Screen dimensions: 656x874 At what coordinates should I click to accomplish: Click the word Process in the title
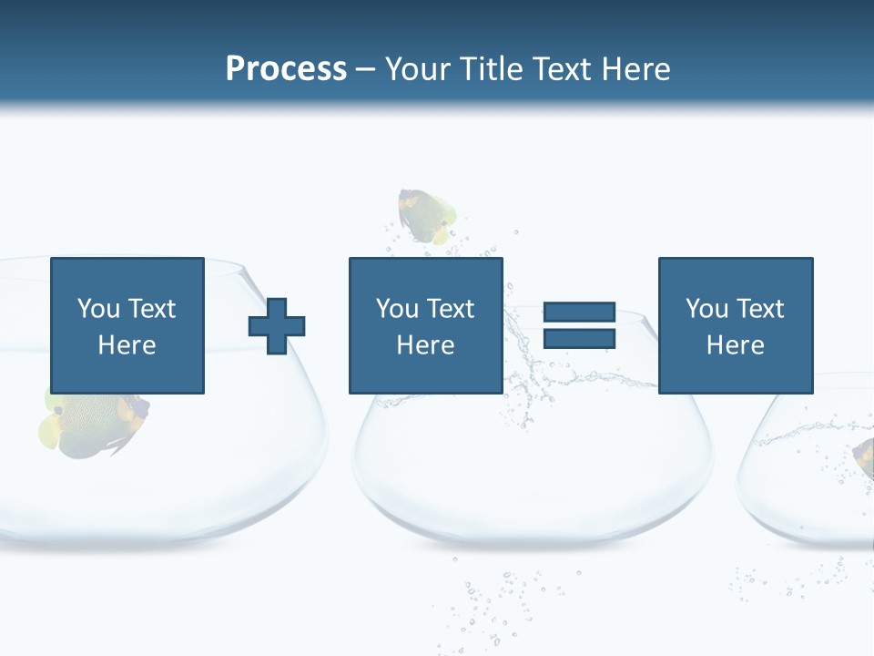[286, 69]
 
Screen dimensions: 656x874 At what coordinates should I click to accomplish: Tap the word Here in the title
[635, 69]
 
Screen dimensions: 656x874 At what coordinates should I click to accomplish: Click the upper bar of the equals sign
[579, 313]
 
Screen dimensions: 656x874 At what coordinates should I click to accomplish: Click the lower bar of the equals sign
[579, 339]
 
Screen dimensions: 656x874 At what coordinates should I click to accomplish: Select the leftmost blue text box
[127, 325]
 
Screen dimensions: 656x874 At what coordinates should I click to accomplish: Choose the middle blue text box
[425, 325]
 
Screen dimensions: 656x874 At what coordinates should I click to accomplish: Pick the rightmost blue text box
[736, 325]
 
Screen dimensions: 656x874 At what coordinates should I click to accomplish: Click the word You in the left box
[98, 309]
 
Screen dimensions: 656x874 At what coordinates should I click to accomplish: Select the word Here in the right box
[736, 345]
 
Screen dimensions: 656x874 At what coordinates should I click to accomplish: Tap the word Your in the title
[418, 69]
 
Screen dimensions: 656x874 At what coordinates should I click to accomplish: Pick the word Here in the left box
[127, 345]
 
